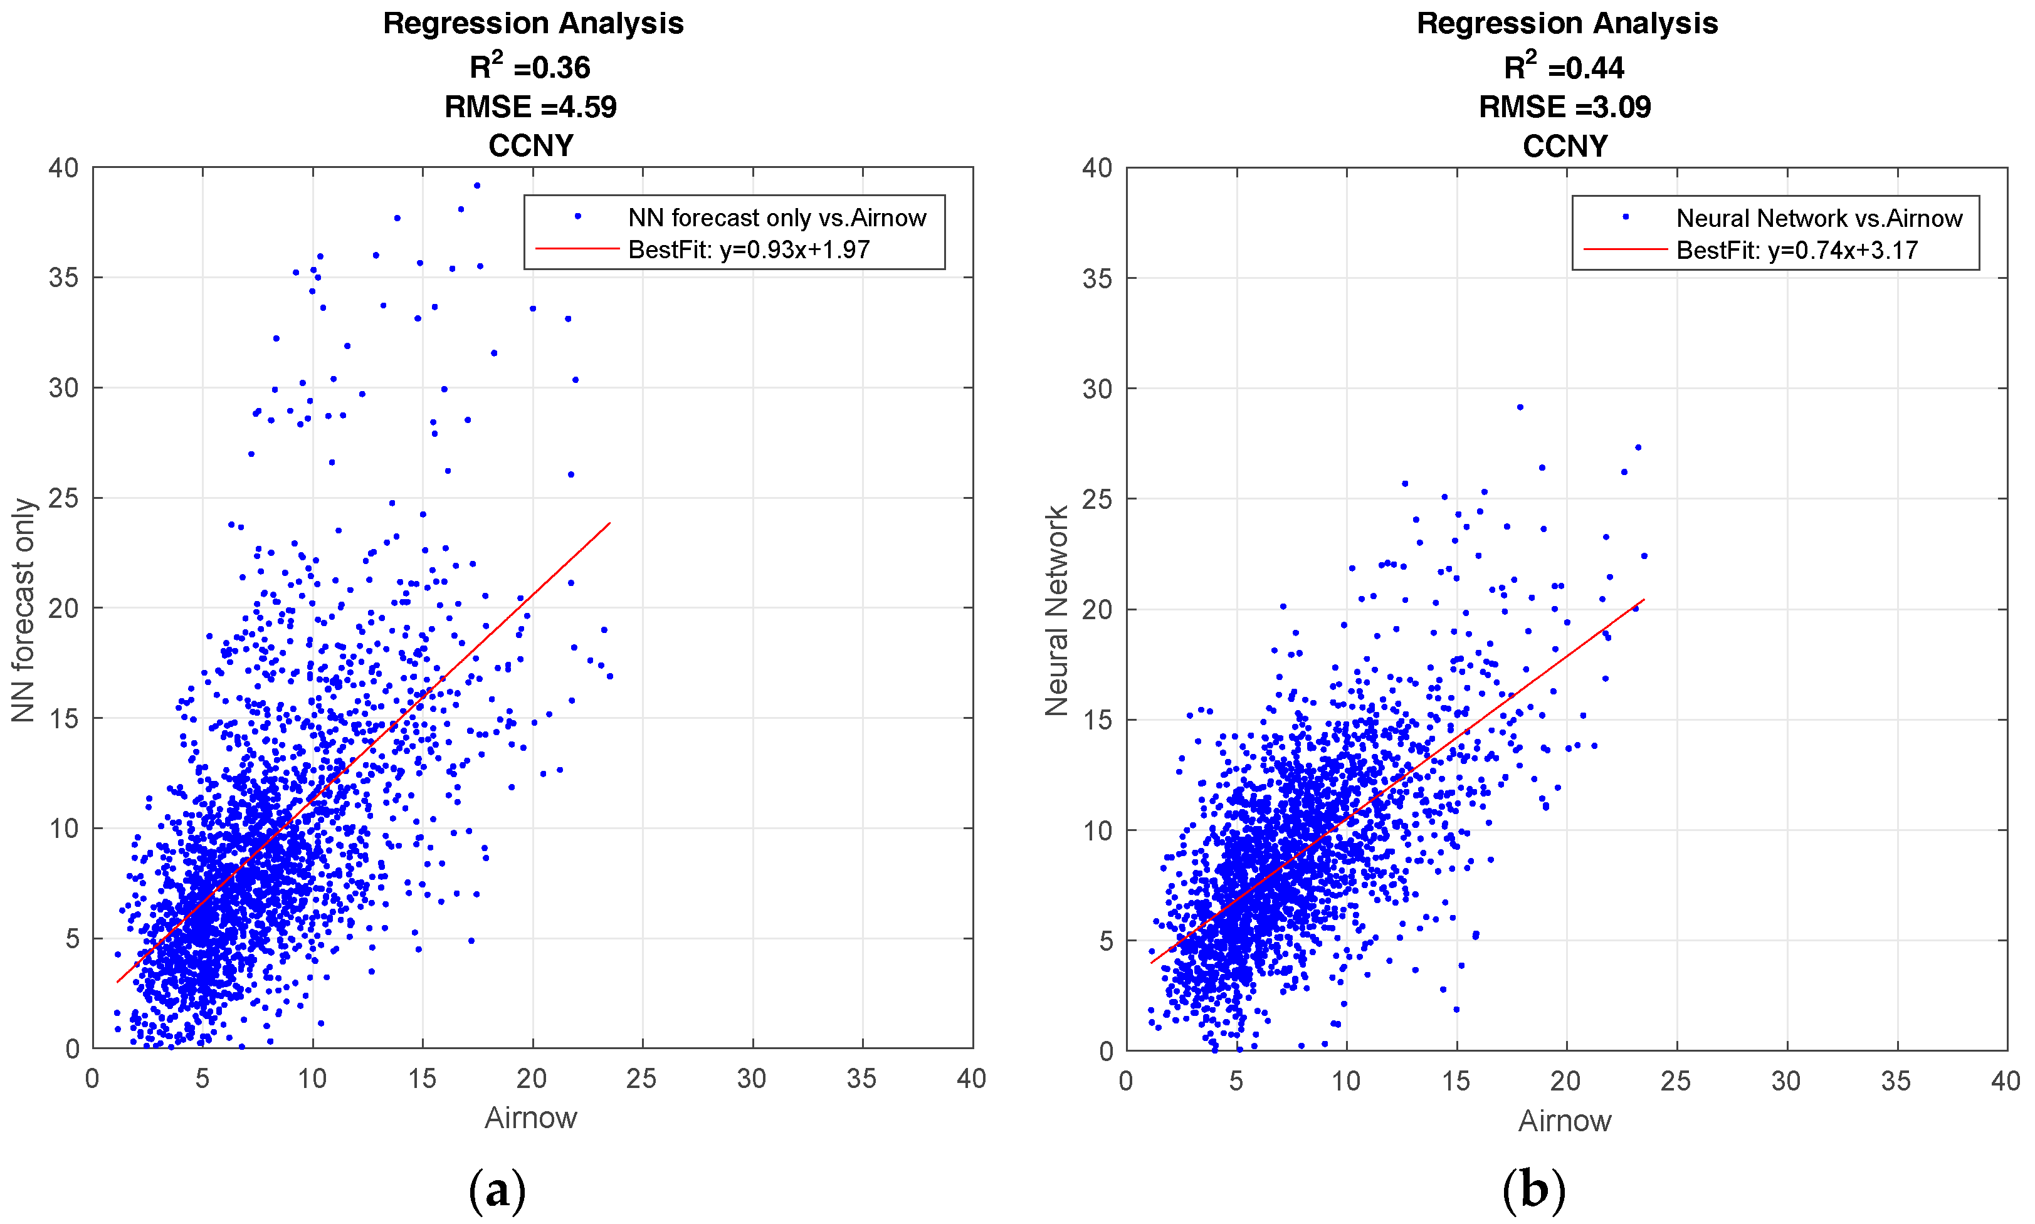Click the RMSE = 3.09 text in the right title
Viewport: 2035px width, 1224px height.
pos(1564,107)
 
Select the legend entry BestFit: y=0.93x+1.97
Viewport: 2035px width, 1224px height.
pos(748,249)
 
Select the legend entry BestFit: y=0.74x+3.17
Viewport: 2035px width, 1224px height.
pos(1797,250)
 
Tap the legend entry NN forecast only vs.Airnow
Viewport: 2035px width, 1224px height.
pos(776,217)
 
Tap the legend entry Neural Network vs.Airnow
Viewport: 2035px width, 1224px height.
pos(1819,219)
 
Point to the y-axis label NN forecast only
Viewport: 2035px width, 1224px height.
pos(23,610)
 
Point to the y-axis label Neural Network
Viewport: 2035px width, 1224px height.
pos(1056,610)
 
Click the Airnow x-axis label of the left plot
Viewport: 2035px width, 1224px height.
pos(530,1117)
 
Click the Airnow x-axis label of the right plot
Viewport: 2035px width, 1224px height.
pos(1564,1120)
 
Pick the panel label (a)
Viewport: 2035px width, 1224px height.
pos(497,1190)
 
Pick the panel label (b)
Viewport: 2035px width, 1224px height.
pos(1533,1190)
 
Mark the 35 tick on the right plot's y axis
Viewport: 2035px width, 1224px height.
pos(1097,279)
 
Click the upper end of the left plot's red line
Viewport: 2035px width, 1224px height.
pos(609,523)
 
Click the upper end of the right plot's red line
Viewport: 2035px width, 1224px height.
pos(1644,600)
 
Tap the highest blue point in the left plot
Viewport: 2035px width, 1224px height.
pos(477,186)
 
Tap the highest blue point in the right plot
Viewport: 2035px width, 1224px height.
pos(1520,407)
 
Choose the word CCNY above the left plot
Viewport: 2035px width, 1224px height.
pos(530,146)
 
